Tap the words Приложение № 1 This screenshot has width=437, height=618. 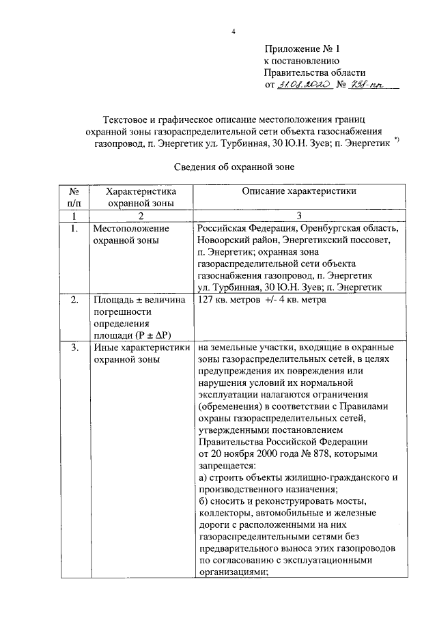click(x=301, y=49)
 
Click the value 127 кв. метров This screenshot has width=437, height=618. click(x=231, y=300)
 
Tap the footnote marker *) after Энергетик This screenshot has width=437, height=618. click(x=397, y=141)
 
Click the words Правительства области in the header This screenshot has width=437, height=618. click(x=315, y=72)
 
